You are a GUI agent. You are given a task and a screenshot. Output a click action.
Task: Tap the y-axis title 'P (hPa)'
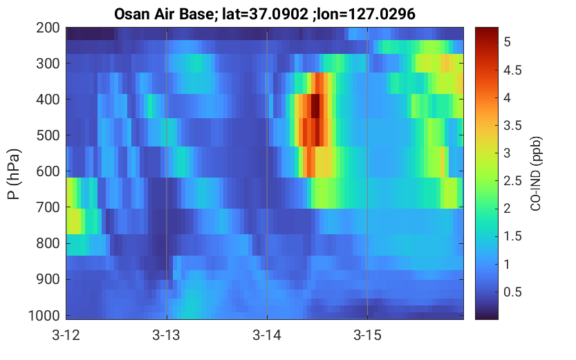click(14, 174)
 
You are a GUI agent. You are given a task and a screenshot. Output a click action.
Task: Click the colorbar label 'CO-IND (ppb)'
click(536, 174)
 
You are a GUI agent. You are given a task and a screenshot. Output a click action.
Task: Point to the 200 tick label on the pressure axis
click(48, 28)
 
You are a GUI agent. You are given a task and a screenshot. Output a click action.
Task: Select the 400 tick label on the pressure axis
click(48, 100)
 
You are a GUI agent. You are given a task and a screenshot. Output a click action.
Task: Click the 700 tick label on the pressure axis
click(48, 207)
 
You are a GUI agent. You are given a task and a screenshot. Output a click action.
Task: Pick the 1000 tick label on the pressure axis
click(44, 316)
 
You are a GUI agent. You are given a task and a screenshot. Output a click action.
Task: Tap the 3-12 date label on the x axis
click(66, 335)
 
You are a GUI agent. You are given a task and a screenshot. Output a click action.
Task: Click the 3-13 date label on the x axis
click(167, 335)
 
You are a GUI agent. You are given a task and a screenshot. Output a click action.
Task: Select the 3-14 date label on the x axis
click(267, 335)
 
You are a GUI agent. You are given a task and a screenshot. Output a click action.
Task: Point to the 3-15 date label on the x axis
click(368, 335)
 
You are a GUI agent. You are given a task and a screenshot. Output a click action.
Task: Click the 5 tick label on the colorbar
click(508, 42)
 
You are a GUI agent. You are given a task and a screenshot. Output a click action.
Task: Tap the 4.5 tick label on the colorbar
click(512, 70)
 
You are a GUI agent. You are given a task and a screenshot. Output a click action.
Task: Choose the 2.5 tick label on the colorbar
click(512, 180)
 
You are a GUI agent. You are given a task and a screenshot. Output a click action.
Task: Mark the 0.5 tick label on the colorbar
click(512, 292)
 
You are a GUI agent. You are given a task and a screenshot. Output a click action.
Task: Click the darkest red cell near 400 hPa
click(315, 106)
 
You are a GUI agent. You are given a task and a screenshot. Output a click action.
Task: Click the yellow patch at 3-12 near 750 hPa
click(73, 221)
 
